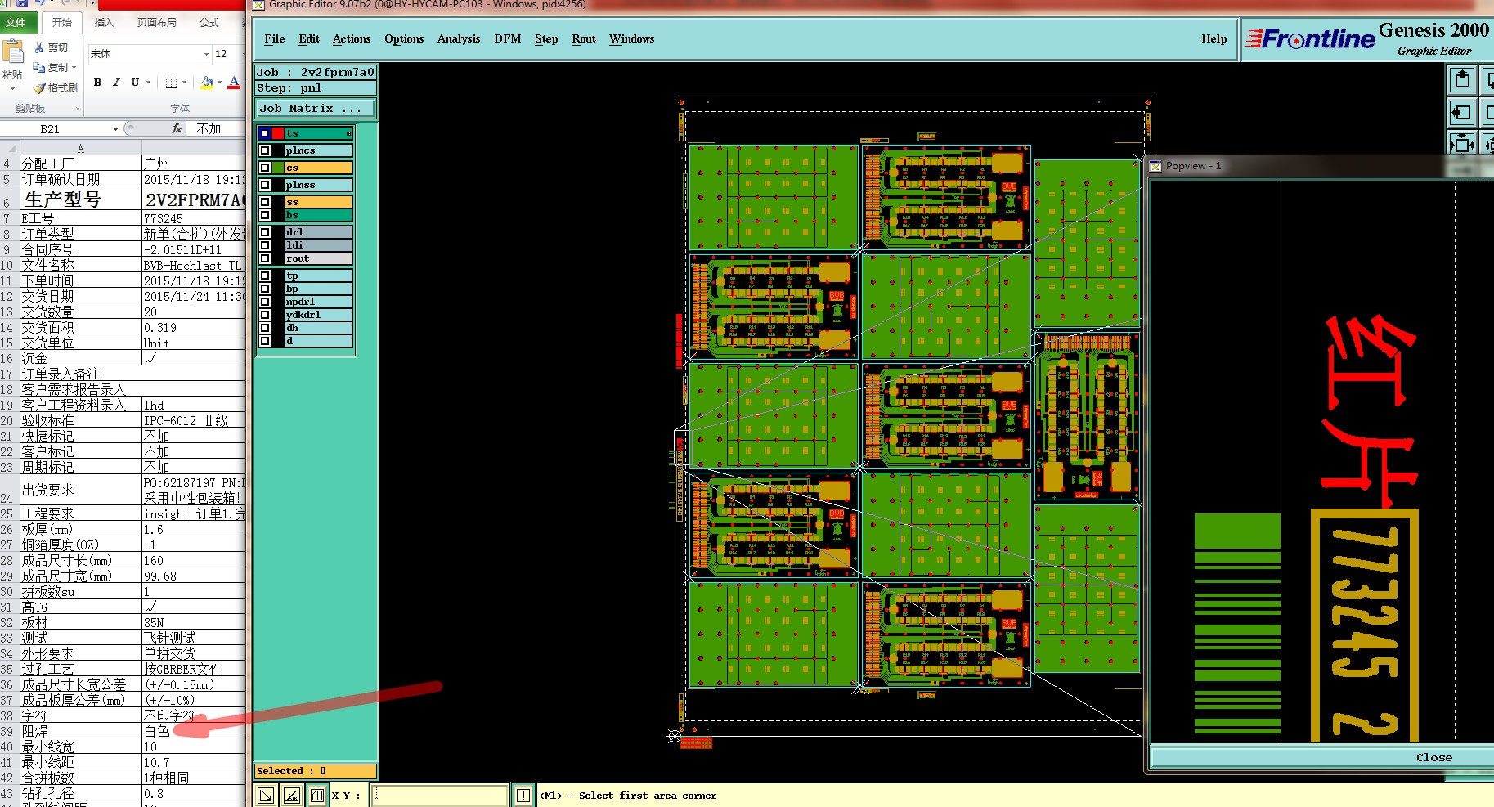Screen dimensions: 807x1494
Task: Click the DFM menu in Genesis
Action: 507,38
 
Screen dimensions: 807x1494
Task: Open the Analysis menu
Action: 458,38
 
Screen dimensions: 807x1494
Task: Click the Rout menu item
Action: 583,38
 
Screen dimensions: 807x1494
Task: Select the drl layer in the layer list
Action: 317,232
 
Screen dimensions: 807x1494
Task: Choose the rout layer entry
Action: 317,258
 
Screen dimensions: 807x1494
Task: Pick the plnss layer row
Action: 317,185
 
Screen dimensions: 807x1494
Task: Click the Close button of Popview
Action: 1433,757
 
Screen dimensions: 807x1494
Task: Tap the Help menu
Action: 1214,38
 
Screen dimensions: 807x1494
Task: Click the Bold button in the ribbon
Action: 98,83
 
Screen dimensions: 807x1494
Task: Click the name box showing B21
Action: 51,129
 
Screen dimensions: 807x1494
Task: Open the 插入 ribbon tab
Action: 104,23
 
